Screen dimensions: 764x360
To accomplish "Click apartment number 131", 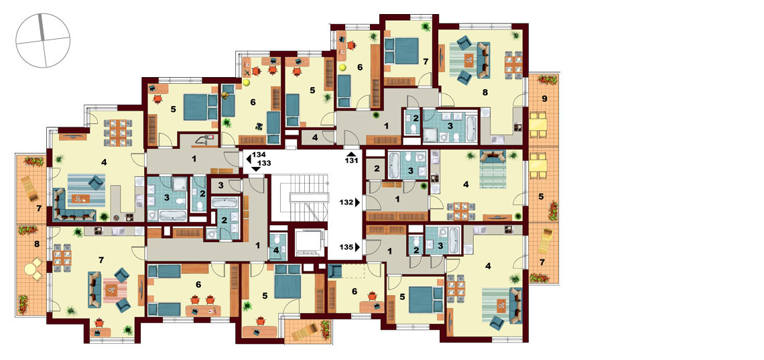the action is coord(352,160).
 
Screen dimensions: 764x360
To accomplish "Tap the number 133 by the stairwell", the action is coord(265,162).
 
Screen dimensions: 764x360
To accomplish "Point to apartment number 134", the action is coord(259,155).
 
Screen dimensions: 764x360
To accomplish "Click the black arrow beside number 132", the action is coord(358,201).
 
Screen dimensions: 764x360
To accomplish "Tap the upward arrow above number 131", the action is coord(351,154).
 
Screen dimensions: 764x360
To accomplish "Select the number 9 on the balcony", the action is coord(544,99).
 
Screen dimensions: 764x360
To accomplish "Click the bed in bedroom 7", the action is coord(401,51).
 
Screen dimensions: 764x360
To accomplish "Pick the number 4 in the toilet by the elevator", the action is coord(276,251).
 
